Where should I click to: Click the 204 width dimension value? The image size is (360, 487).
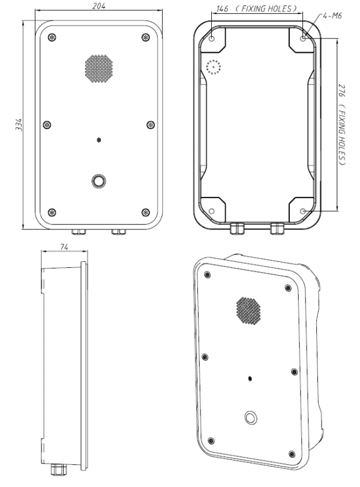99,5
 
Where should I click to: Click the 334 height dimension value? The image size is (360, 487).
19,124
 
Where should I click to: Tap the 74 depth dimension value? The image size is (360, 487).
64,247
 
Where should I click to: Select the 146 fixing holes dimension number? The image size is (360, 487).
222,8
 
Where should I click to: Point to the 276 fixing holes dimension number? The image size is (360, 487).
341,91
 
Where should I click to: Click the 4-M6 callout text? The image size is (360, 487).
332,16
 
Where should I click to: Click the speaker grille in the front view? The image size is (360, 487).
99,68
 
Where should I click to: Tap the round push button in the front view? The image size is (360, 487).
99,181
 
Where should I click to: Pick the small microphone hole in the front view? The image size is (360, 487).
99,141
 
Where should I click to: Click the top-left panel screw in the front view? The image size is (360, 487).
52,38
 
